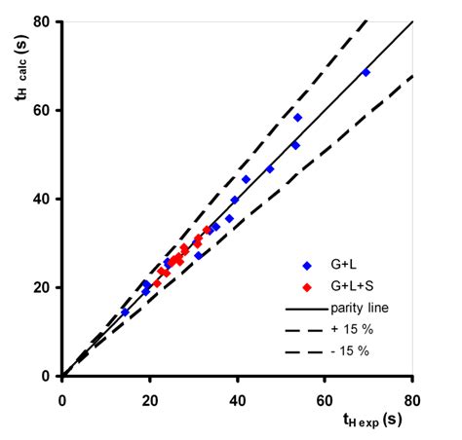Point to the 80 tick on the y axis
tap(46, 21)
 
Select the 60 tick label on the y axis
tap(46, 110)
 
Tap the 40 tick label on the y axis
tap(46, 199)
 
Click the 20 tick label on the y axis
tap(46, 287)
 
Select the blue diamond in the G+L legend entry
tap(307, 266)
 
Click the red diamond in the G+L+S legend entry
tap(307, 287)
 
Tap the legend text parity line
tap(357, 310)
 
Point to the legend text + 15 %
tap(349, 330)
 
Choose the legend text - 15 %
tap(349, 351)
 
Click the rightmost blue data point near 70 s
tap(366, 72)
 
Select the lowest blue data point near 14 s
tap(125, 312)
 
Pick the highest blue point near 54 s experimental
tap(297, 118)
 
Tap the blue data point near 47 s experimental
tap(270, 169)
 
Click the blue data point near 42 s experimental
tap(246, 179)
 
